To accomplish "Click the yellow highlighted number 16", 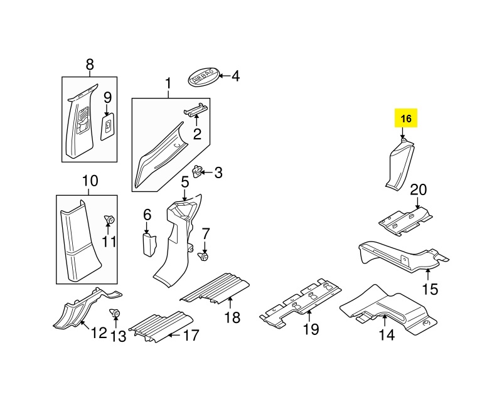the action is coord(405,118).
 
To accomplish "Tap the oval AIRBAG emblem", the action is coord(203,76).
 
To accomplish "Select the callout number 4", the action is coord(235,77).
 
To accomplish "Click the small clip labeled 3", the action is coord(197,171).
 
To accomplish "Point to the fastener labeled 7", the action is coord(205,257).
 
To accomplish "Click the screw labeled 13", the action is coord(115,314).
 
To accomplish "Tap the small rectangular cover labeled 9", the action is coord(107,127).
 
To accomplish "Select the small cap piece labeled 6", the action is coord(149,244).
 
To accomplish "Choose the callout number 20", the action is coord(419,190).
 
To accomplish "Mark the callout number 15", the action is coord(430,289).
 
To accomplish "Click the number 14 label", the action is coord(387,335).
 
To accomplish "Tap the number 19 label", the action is coord(311,329).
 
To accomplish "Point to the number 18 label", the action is coord(232,317).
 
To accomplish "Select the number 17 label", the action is coord(191,335).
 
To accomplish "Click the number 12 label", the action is coord(99,332).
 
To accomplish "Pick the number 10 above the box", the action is coord(90,181).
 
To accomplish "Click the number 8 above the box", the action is coord(90,65).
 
